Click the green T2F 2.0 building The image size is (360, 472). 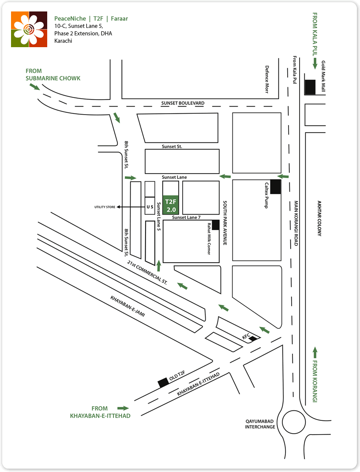(x=171, y=204)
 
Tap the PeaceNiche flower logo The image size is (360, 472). (x=29, y=29)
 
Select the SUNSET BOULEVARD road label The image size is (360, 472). (x=183, y=103)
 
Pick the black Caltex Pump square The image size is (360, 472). (x=276, y=187)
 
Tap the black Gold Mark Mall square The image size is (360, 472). (x=310, y=87)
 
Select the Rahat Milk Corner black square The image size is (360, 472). (x=216, y=225)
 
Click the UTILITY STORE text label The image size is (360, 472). (x=105, y=207)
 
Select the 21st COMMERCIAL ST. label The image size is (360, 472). (x=147, y=273)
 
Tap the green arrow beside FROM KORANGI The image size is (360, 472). (x=315, y=353)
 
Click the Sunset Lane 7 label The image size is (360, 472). (x=186, y=218)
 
